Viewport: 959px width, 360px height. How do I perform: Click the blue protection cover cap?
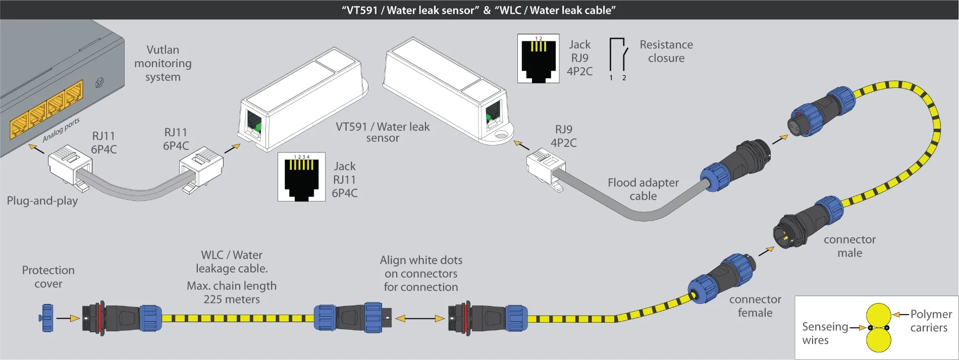[x=47, y=318]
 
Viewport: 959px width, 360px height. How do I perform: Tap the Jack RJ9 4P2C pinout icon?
[x=538, y=59]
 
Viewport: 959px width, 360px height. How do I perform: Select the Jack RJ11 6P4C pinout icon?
[x=301, y=177]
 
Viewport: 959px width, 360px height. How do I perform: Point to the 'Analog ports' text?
[x=61, y=130]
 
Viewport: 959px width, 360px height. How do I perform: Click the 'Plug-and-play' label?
[x=42, y=201]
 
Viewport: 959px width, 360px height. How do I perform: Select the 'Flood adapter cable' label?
[x=643, y=189]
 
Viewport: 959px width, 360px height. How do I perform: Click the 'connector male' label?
[x=849, y=246]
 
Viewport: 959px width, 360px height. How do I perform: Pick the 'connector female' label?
[x=755, y=306]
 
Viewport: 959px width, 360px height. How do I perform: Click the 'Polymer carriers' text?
[x=930, y=321]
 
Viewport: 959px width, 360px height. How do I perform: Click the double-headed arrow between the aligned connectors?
[x=420, y=319]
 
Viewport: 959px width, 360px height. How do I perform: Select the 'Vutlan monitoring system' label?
[x=163, y=64]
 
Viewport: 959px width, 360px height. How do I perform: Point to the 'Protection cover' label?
[x=48, y=277]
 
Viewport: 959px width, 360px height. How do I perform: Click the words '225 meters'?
[x=232, y=299]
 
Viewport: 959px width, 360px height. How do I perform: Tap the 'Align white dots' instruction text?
[x=421, y=261]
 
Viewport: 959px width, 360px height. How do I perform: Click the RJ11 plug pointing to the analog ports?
[x=70, y=164]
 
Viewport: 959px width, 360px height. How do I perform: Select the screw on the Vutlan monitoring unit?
[x=99, y=83]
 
